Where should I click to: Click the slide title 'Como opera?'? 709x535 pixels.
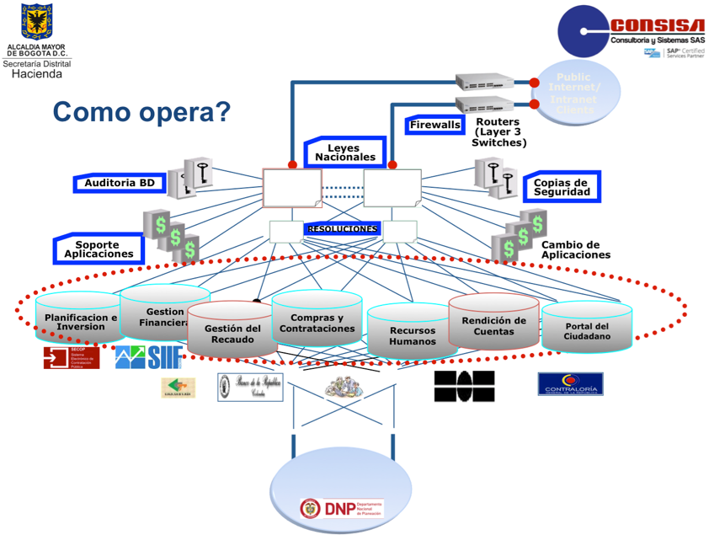(x=141, y=112)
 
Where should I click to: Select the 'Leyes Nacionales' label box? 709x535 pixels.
(x=345, y=152)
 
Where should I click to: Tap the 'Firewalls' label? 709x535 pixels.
(x=435, y=126)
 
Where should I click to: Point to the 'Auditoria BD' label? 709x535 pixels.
(x=120, y=183)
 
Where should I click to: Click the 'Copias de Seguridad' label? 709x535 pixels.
(x=560, y=187)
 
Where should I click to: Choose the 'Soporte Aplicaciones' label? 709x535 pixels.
(x=99, y=249)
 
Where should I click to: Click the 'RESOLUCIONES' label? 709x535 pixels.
(x=342, y=228)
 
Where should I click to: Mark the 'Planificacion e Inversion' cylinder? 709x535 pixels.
(x=81, y=319)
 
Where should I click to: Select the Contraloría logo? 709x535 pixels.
(x=570, y=384)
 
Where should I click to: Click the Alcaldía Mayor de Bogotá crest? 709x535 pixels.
(x=36, y=21)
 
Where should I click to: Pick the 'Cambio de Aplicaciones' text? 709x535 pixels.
(x=575, y=249)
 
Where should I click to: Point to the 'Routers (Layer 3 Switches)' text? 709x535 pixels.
(x=498, y=132)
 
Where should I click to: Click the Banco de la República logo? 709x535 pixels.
(x=250, y=386)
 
